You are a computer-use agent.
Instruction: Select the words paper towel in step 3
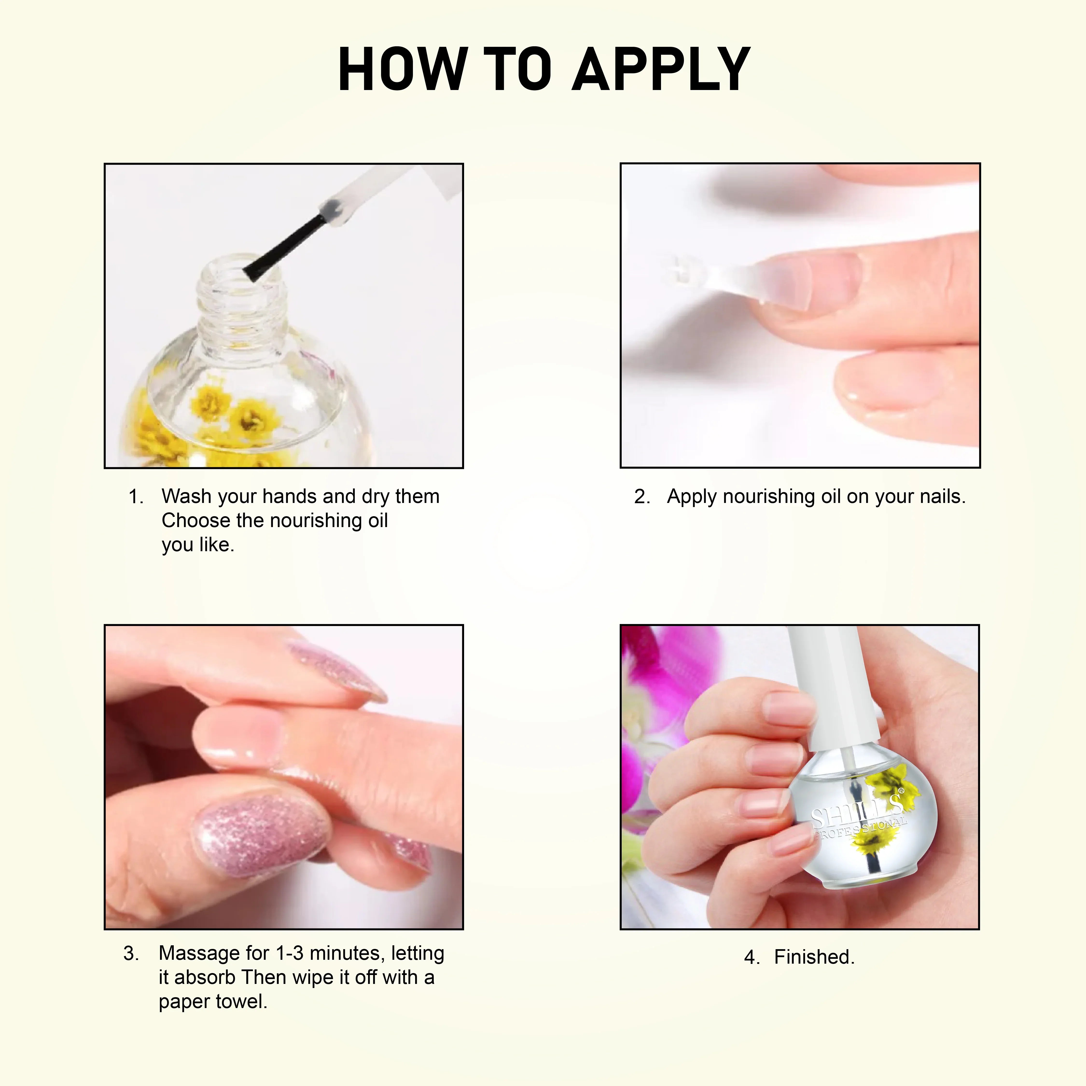click(212, 1002)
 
